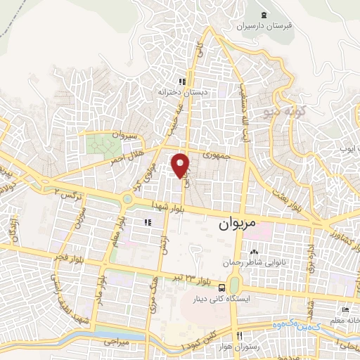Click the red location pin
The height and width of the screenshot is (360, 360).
[x=181, y=165]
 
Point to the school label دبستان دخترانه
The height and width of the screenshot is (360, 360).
[x=182, y=92]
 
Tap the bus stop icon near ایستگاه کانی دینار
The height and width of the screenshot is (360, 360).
[x=222, y=287]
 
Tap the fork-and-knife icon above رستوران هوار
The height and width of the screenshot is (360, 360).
[x=240, y=335]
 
